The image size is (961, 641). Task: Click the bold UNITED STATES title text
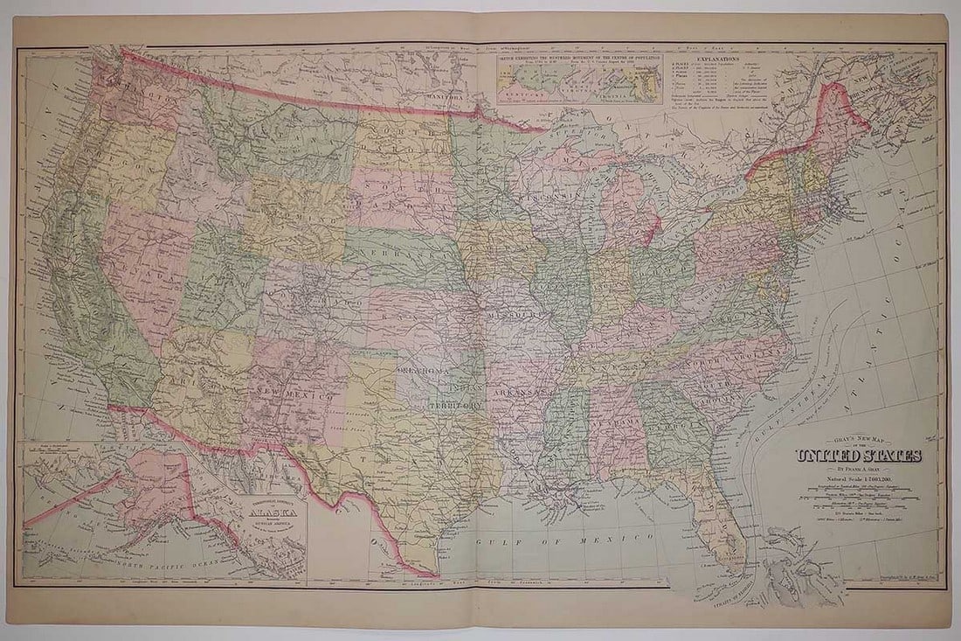(857, 456)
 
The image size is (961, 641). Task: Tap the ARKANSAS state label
(524, 394)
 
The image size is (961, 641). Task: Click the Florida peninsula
(716, 516)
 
